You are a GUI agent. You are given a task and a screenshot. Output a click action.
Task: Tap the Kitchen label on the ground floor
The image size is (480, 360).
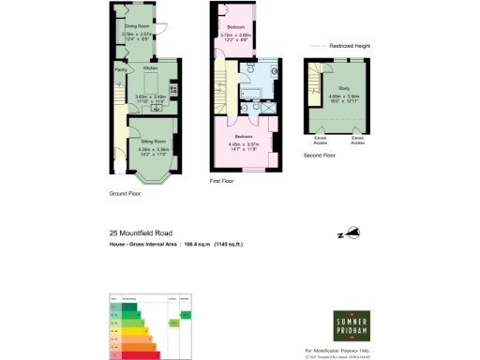point(149,69)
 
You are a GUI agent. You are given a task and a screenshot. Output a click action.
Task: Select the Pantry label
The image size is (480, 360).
point(121,69)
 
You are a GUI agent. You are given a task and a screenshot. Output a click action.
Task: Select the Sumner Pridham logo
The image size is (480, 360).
point(353,327)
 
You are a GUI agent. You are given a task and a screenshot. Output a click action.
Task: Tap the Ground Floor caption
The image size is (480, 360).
point(124,194)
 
